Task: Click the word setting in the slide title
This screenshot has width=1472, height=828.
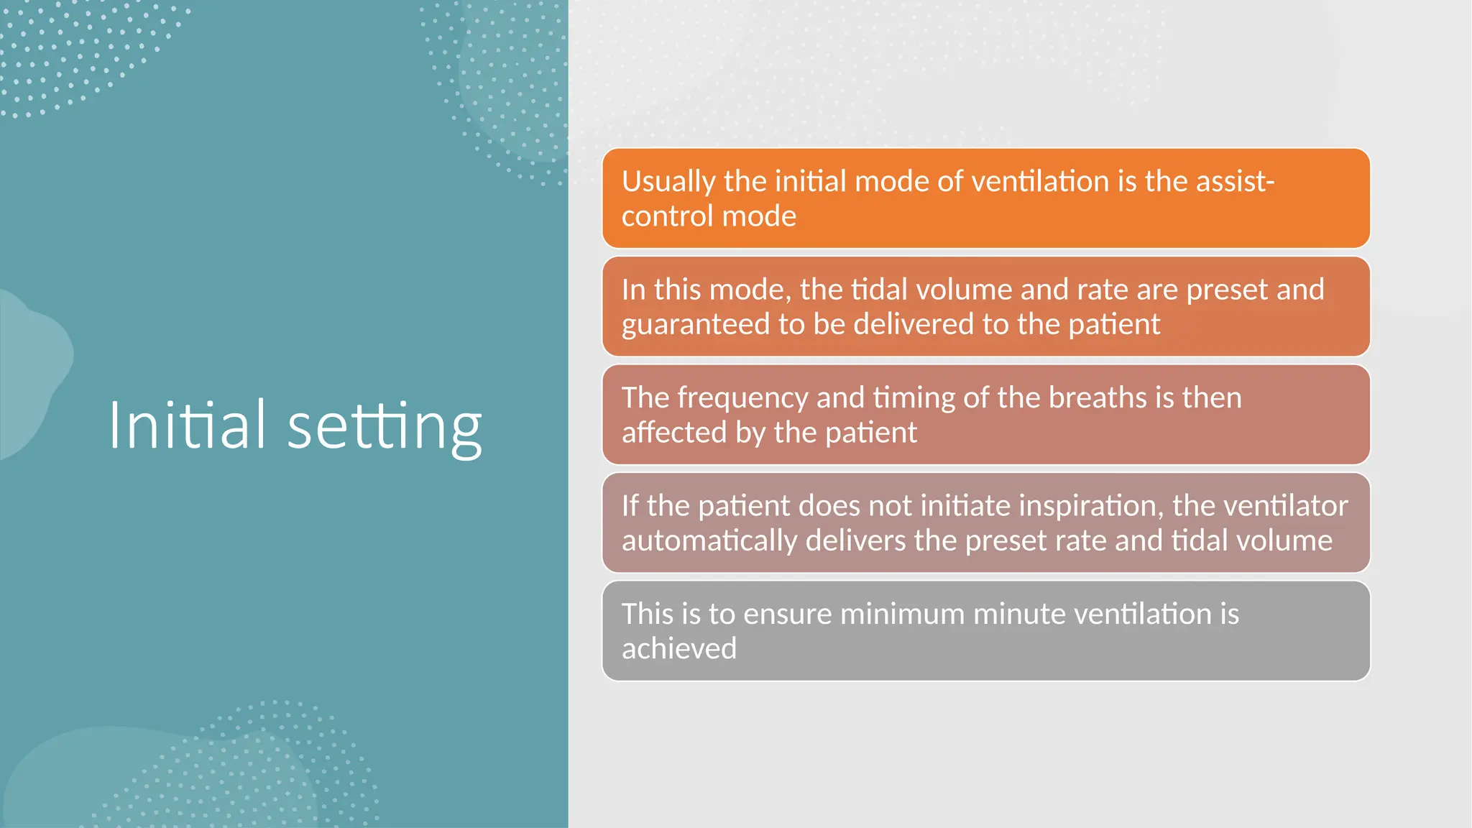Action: tap(384, 426)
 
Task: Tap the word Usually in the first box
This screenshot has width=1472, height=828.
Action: tap(668, 182)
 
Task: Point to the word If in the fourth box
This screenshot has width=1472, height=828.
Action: tap(630, 506)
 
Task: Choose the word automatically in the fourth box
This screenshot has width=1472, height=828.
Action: tap(709, 541)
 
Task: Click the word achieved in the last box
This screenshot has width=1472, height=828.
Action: tap(679, 649)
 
